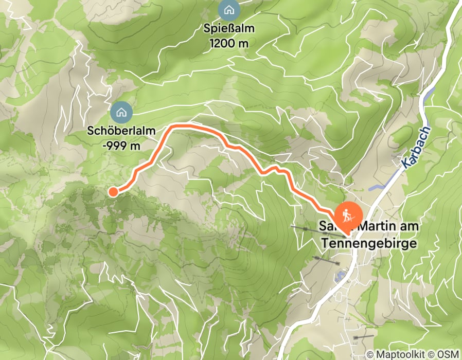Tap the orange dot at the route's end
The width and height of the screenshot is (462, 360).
(113, 192)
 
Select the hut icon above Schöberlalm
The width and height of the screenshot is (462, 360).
(121, 111)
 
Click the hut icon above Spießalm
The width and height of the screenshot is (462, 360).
(227, 9)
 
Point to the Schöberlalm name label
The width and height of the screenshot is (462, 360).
(121, 131)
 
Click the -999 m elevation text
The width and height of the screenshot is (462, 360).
(121, 146)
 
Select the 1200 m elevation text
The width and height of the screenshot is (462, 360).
(228, 44)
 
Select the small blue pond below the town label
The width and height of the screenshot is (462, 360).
(340, 277)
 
